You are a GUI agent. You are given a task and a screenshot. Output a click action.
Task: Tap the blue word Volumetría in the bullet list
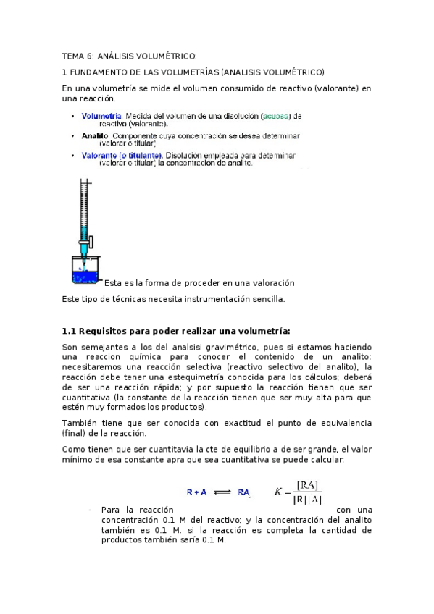pyautogui.click(x=101, y=115)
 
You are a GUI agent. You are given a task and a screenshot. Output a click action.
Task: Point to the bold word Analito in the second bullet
pyautogui.click(x=95, y=135)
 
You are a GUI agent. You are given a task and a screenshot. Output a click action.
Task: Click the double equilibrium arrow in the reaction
pyautogui.click(x=222, y=492)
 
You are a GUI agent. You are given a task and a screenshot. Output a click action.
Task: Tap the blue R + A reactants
pyautogui.click(x=196, y=492)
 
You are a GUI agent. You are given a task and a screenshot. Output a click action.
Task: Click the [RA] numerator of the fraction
pyautogui.click(x=308, y=485)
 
